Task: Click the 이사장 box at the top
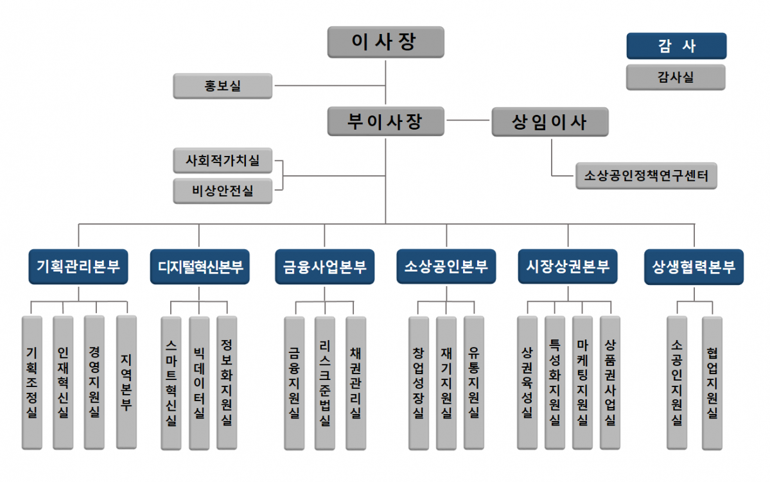(x=385, y=42)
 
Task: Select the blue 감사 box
(x=676, y=46)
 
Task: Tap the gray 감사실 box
(x=676, y=77)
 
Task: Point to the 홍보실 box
(x=223, y=86)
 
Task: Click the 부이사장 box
(x=385, y=121)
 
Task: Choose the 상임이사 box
(x=550, y=121)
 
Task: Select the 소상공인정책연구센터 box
(x=645, y=175)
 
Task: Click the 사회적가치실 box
(x=223, y=160)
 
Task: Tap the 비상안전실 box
(x=223, y=191)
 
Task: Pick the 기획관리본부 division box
(x=78, y=266)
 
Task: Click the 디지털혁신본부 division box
(x=200, y=266)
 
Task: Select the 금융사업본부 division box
(x=325, y=266)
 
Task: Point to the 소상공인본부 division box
(x=446, y=266)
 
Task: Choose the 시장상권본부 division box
(x=568, y=266)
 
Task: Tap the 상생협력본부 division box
(x=694, y=266)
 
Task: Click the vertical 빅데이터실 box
(x=199, y=383)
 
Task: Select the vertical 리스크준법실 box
(x=325, y=383)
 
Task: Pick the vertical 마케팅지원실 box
(x=582, y=383)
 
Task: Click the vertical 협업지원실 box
(x=712, y=383)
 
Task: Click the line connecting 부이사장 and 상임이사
(x=468, y=121)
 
